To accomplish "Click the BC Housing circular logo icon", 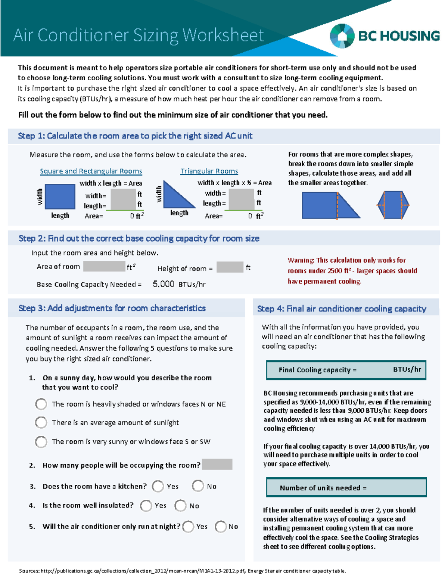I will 342,36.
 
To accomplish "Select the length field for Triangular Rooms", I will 241,204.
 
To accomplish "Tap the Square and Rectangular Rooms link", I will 91,171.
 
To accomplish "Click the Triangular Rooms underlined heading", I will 209,171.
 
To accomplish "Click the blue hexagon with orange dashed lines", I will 393,205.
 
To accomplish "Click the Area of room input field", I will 104,266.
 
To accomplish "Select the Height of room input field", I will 230,267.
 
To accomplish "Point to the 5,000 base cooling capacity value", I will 163,284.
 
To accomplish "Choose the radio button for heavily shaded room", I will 41,404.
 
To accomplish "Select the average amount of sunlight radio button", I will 41,422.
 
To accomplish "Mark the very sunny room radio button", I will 41,442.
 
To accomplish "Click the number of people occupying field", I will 217,464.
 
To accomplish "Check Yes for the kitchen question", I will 158,486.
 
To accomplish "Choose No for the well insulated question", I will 180,506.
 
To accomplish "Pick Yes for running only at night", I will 188,527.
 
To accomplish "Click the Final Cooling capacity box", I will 346,370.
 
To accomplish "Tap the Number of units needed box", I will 346,487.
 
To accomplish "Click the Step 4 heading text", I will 342,309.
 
